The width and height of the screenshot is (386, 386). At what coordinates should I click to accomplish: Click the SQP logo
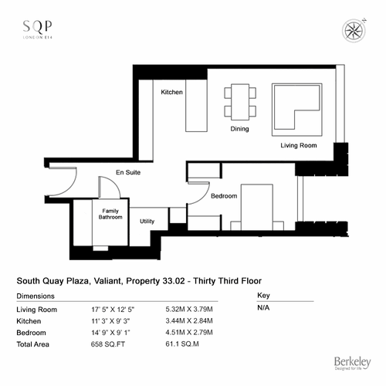point(38,29)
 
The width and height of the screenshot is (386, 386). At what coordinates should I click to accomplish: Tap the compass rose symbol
point(354,31)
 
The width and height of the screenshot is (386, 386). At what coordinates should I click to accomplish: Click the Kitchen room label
point(171,92)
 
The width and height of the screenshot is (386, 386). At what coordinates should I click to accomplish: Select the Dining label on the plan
point(239,129)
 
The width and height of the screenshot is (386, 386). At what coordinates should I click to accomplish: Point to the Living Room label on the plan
point(299,145)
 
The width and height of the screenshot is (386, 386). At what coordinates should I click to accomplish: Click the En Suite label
point(128,172)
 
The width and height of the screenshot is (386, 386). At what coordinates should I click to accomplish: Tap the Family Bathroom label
point(110,214)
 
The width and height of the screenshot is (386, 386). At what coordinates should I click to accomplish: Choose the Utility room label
point(147,222)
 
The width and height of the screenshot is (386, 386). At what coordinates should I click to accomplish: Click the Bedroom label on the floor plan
point(224,196)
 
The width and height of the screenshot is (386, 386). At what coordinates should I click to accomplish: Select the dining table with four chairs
point(240,102)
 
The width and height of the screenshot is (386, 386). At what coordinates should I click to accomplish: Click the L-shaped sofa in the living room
point(297,110)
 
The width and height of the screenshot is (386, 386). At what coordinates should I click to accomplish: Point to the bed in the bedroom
point(257,207)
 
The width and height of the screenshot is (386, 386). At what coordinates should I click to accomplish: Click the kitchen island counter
point(196,106)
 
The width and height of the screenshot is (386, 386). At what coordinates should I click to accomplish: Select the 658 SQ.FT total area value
point(108,344)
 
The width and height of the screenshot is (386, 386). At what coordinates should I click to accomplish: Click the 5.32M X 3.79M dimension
point(189,310)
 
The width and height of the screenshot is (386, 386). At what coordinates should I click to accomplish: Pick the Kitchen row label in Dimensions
point(29,321)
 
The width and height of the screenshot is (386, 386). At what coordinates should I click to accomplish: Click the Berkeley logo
point(353,363)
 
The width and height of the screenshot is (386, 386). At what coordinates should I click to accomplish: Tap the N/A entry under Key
point(263,308)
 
